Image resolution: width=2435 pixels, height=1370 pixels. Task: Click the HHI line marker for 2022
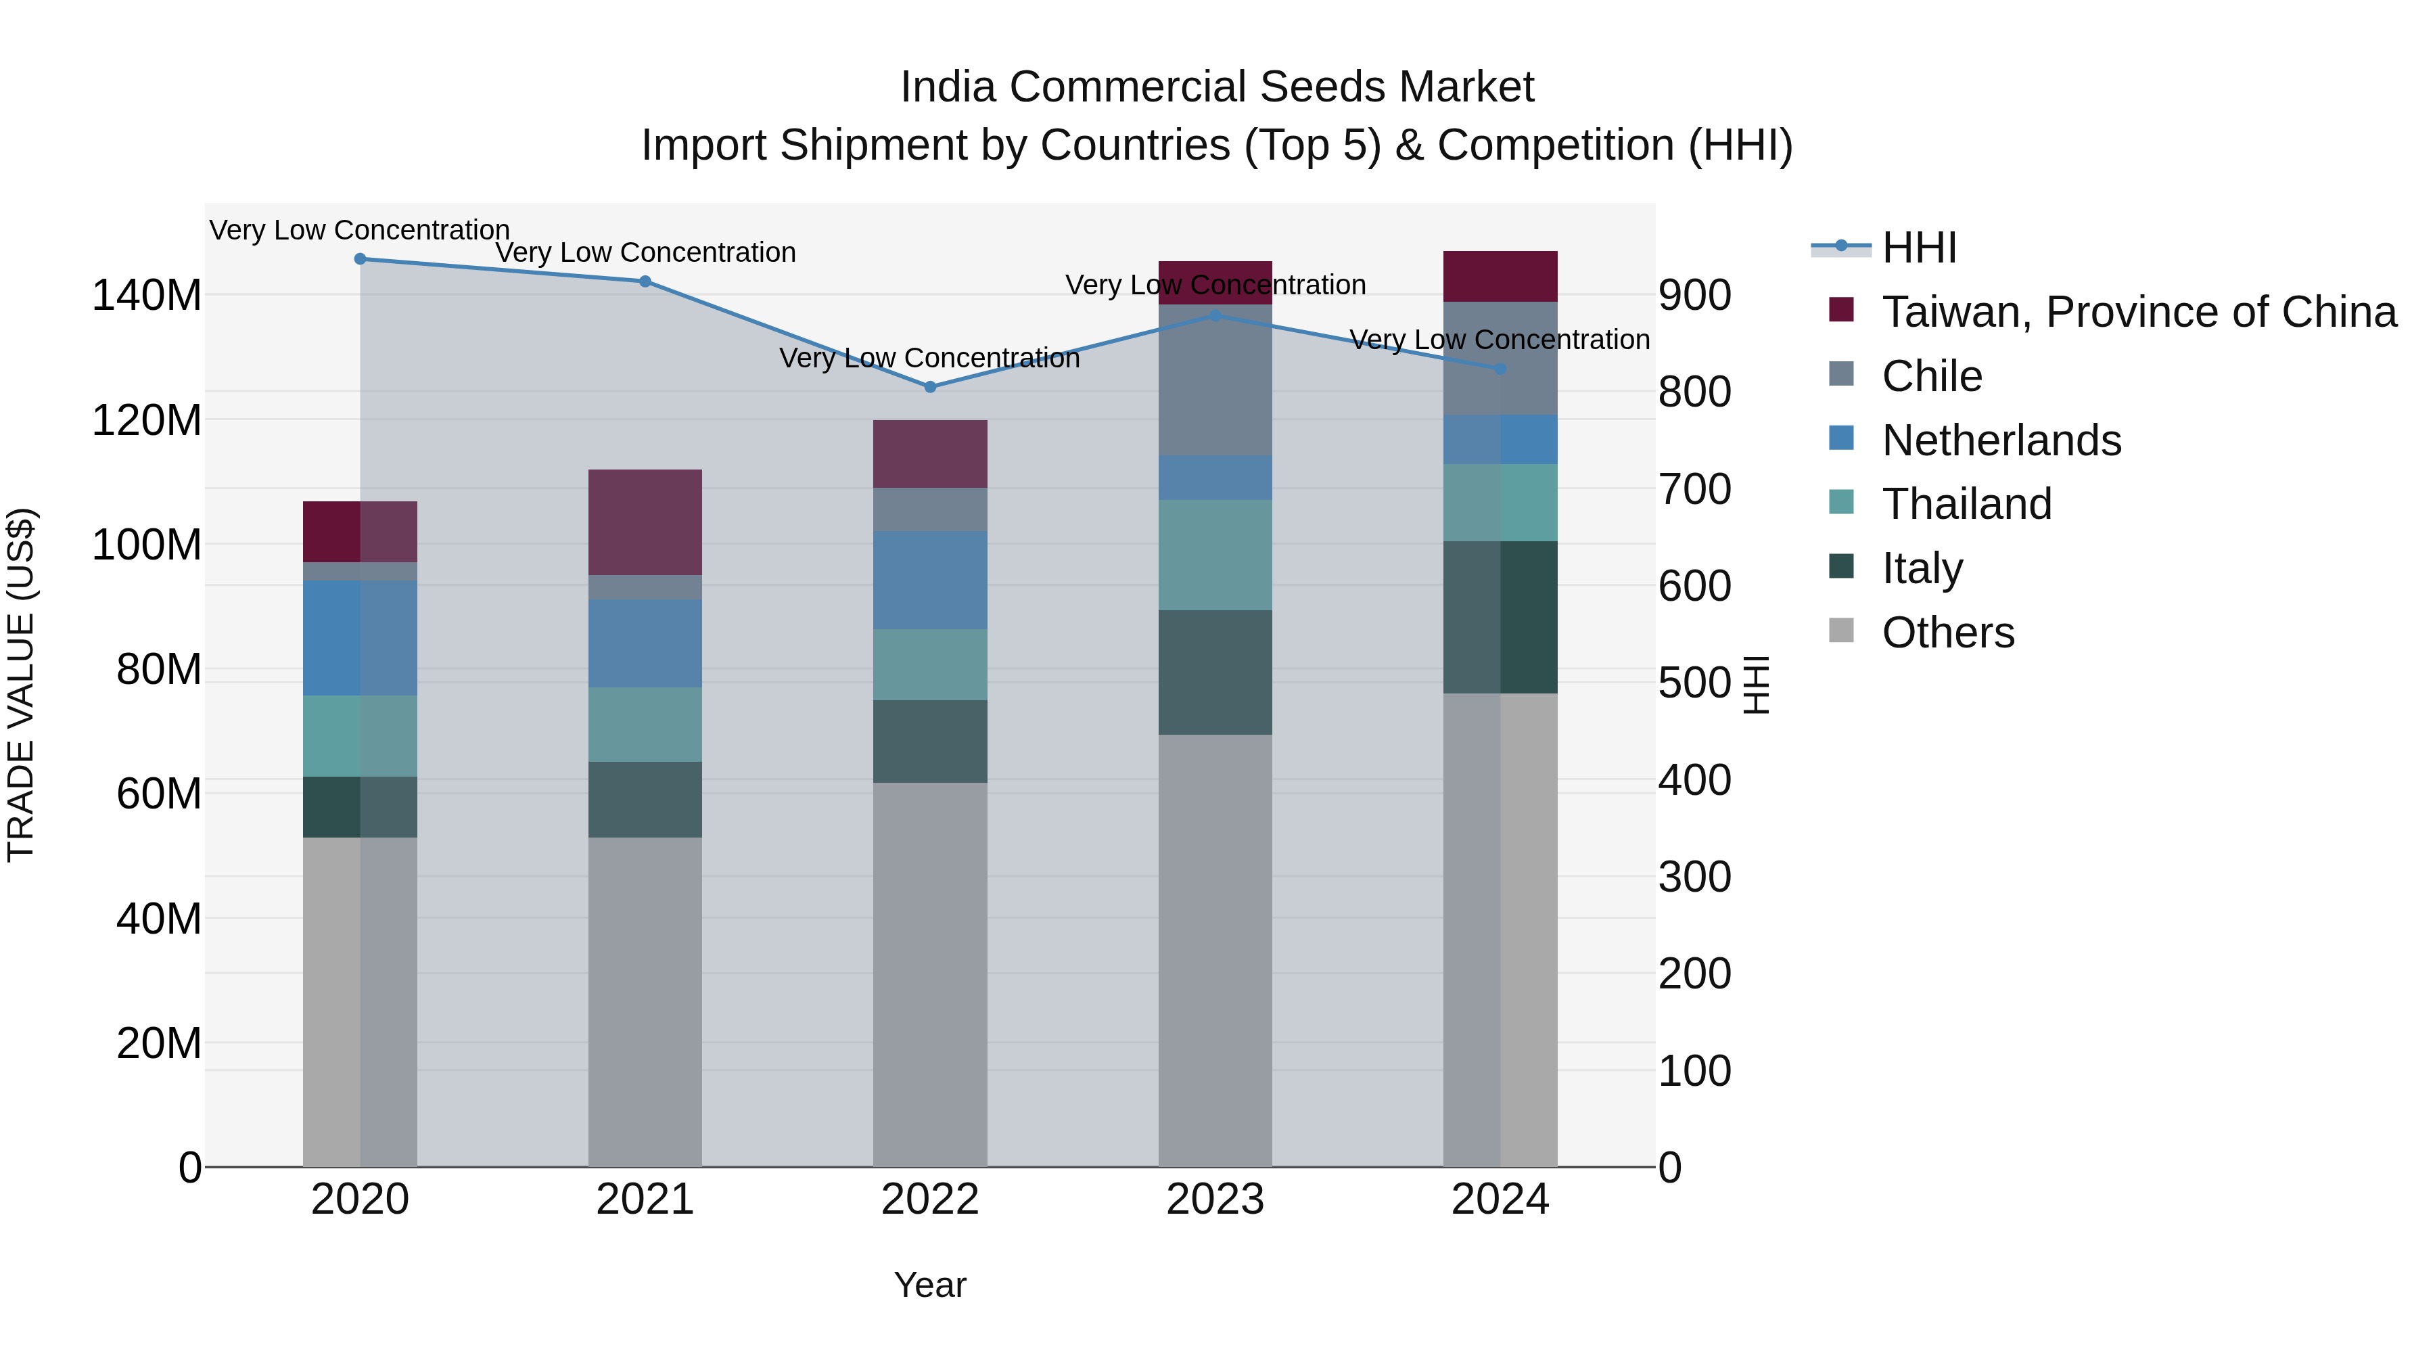[930, 387]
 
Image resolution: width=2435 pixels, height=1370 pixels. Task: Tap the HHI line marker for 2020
[360, 259]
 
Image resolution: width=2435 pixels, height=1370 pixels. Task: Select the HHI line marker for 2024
[1500, 369]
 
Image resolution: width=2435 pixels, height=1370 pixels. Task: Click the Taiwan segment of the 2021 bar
[645, 522]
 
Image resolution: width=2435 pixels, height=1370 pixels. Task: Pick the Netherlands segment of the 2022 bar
[930, 580]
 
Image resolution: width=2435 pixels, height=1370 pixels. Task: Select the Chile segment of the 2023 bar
[1215, 380]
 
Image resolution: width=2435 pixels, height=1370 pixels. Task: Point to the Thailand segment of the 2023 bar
[1215, 555]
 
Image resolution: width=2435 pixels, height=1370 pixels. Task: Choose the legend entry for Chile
[1931, 376]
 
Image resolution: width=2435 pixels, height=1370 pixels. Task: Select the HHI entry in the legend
[1918, 248]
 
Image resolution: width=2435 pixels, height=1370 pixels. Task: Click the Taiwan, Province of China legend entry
[2138, 312]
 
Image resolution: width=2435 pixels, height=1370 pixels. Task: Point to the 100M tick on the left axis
[147, 545]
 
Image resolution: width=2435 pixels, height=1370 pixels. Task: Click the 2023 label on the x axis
[1215, 1200]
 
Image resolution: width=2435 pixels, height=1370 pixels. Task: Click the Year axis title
[930, 1285]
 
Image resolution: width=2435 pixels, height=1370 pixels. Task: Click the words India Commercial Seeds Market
[1217, 87]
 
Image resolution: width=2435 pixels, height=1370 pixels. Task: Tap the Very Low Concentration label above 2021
[646, 252]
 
